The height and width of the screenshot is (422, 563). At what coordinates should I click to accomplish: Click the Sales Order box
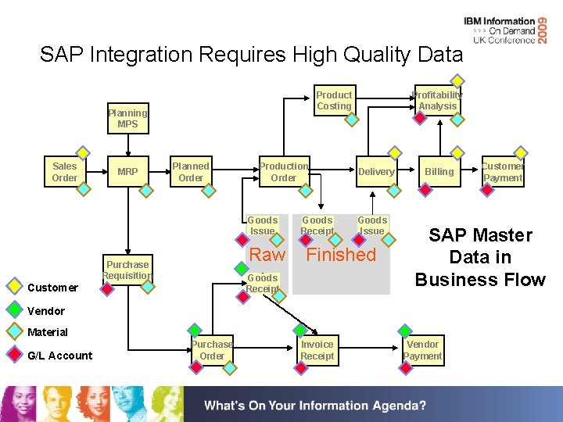65,172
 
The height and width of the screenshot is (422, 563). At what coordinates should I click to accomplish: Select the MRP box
127,172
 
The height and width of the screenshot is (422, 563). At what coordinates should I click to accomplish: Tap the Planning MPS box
127,119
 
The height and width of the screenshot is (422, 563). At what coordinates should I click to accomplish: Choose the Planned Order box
191,172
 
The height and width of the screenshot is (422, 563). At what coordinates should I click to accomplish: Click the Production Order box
284,172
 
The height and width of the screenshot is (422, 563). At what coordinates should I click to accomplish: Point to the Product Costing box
334,101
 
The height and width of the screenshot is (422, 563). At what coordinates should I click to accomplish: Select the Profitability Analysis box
438,101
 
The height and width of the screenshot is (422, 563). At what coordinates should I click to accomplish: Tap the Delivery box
376,172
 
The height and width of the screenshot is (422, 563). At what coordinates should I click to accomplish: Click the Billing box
439,172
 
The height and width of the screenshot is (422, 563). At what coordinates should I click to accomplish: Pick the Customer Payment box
502,172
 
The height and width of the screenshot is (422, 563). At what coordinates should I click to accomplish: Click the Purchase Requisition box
127,270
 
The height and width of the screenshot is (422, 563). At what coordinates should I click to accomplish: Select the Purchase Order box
212,350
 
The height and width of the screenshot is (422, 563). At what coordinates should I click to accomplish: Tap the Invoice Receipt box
317,350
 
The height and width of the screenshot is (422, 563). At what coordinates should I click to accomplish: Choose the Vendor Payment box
423,350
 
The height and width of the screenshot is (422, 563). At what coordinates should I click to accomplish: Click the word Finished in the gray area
341,255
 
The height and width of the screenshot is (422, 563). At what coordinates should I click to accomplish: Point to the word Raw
267,255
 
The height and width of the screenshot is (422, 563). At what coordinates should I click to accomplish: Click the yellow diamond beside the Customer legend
14,287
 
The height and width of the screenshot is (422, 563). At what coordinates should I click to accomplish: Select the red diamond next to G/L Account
14,355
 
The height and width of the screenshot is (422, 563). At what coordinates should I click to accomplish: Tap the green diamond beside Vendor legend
14,309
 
